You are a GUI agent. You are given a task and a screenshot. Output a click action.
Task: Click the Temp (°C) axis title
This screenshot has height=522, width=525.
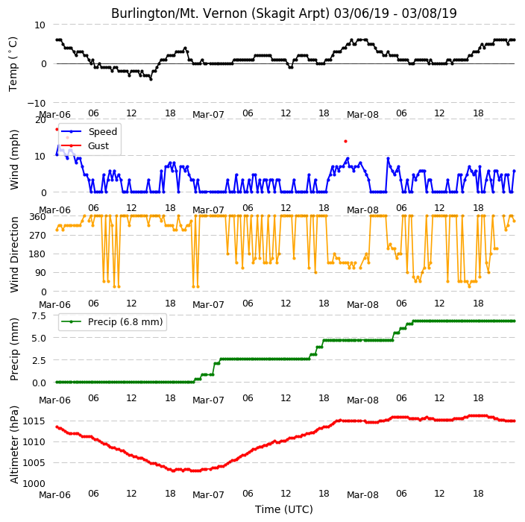click(13, 64)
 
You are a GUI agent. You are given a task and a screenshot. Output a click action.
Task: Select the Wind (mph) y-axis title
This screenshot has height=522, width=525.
click(14, 160)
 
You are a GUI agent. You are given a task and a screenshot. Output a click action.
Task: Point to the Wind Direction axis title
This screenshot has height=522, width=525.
click(14, 254)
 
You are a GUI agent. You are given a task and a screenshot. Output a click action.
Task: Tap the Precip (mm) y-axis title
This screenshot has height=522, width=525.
click(14, 349)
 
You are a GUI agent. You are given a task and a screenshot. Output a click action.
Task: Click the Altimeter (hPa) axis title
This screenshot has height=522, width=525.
click(14, 444)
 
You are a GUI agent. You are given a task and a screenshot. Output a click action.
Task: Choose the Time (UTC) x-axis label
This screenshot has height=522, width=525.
click(284, 509)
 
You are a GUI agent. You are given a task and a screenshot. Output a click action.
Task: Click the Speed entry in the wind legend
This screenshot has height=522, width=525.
click(102, 131)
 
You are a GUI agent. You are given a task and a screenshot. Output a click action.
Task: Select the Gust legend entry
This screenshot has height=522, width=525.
click(98, 146)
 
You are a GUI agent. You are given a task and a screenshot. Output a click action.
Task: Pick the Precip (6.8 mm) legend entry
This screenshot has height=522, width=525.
click(125, 321)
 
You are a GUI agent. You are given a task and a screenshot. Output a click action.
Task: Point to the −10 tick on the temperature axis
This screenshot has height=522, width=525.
click(36, 103)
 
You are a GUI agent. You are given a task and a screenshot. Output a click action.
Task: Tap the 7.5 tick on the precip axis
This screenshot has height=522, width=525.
click(39, 315)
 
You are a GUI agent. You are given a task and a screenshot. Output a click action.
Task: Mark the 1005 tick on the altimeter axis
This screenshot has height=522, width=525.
click(34, 463)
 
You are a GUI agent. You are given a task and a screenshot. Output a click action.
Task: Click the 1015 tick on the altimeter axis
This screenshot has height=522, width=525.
click(34, 421)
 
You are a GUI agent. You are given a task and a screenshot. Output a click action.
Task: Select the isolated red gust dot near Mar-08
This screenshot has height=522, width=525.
click(345, 141)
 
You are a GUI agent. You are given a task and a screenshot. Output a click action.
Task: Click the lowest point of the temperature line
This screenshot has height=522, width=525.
click(151, 79)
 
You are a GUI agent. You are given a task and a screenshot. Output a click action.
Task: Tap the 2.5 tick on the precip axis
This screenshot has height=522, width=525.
click(39, 360)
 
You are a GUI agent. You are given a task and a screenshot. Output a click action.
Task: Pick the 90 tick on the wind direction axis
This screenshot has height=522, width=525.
click(40, 273)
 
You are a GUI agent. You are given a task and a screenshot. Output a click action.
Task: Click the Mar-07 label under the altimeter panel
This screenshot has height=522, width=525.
click(208, 495)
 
